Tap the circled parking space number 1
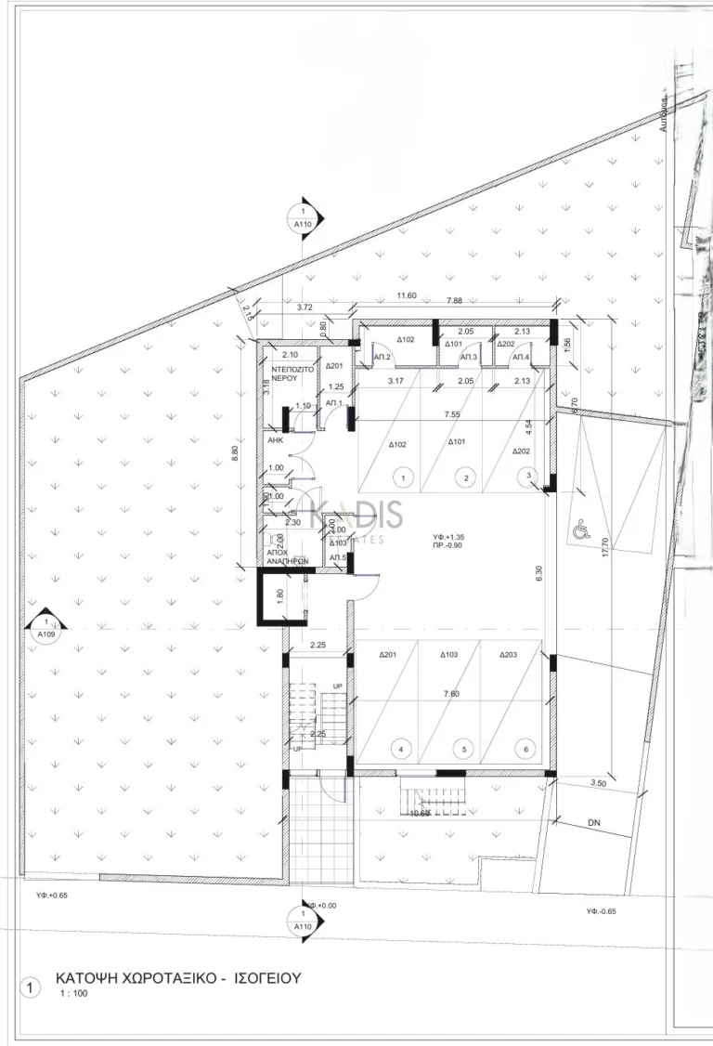pos(404,477)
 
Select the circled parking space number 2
pos(465,477)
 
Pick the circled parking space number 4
pos(401,749)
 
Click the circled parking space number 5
pos(463,749)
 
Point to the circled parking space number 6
pos(526,749)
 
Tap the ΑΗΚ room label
pos(275,442)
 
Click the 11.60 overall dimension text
pos(407,296)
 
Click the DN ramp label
pos(595,824)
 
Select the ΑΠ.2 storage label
pos(382,357)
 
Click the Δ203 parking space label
pos(508,655)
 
